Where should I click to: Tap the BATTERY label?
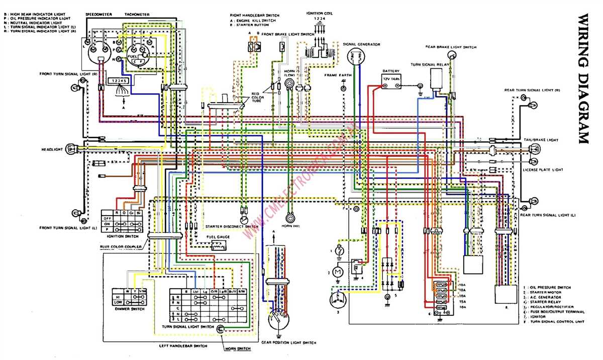click(390, 71)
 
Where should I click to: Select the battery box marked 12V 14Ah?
click(391, 80)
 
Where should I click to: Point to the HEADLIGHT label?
click(52, 149)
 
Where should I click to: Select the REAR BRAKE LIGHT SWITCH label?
click(451, 47)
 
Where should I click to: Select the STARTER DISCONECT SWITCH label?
click(232, 227)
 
